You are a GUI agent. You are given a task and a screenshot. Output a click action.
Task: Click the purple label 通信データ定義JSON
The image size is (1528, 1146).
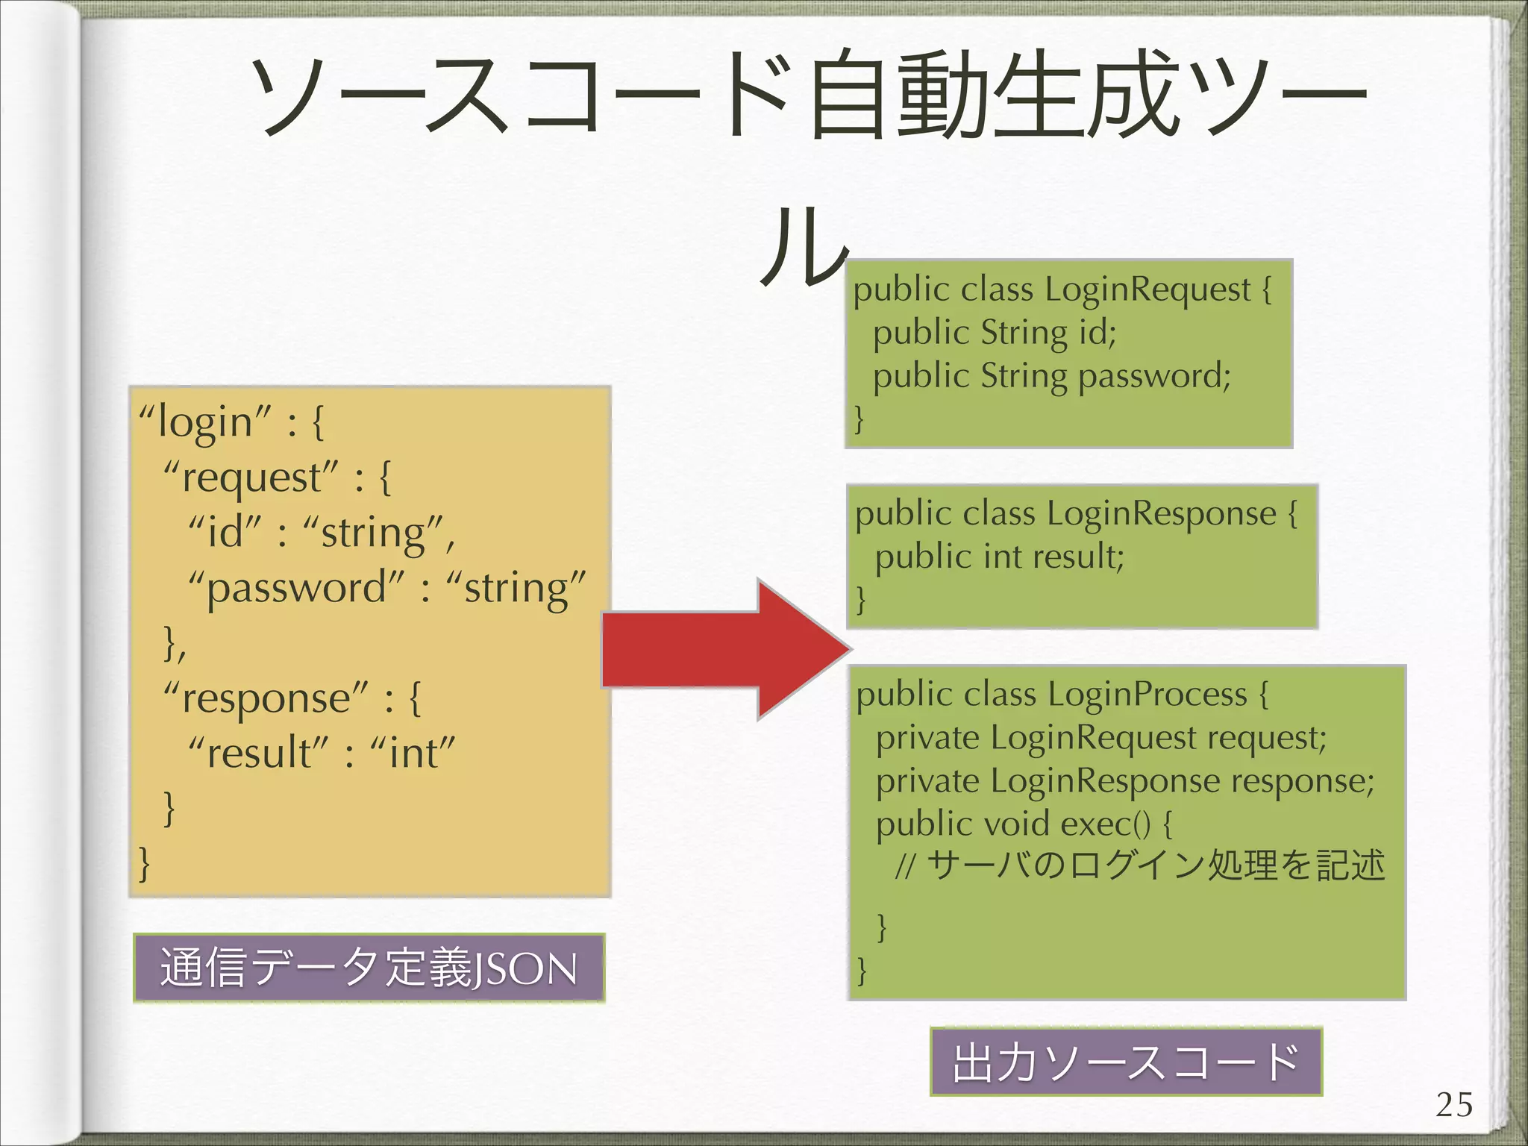coord(369,968)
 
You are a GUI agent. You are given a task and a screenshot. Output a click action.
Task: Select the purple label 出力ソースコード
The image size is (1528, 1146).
coord(1126,1062)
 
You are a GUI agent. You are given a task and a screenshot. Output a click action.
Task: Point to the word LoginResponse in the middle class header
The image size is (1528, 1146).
coord(1162,513)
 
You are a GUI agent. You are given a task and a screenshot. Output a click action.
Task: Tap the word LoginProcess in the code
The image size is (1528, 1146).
coord(1148,695)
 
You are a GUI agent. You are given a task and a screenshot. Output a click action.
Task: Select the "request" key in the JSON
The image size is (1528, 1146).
coord(251,477)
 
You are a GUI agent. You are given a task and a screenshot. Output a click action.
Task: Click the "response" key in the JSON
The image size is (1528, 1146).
coord(266,698)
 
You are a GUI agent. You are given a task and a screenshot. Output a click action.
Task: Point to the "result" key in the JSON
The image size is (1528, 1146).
coord(258,753)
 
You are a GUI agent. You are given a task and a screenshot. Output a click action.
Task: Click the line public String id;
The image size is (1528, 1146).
coord(995,333)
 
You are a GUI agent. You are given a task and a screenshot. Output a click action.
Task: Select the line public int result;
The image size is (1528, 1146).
coord(999,557)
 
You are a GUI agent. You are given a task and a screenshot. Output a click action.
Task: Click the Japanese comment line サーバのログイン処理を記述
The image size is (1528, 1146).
coord(1156,865)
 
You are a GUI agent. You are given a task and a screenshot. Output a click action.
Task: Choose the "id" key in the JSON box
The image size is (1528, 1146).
coord(225,533)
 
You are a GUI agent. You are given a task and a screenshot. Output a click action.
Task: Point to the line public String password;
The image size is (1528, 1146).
coord(1051,376)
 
